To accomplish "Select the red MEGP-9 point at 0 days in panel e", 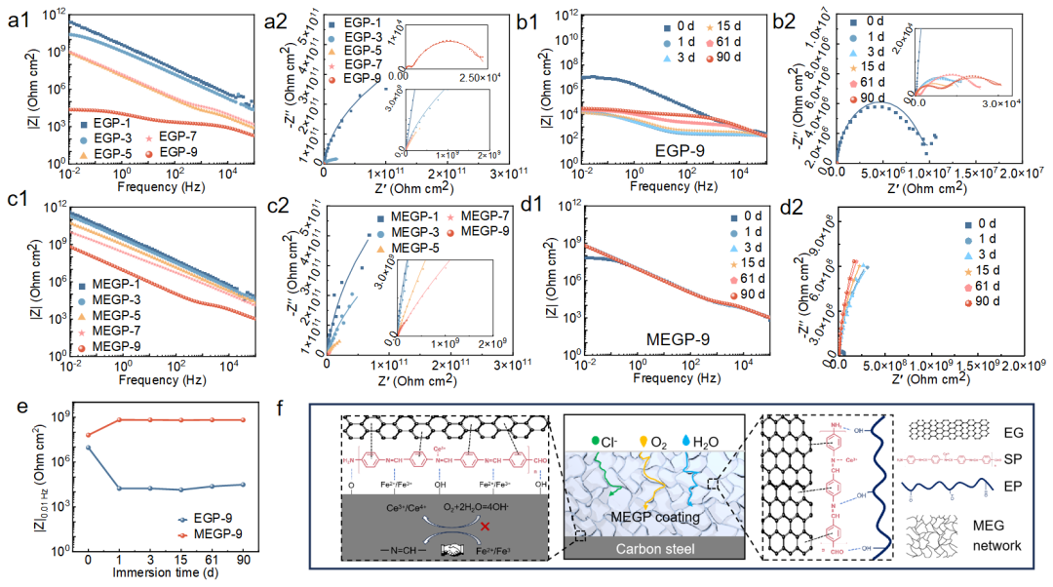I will pos(89,435).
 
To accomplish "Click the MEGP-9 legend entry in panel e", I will pos(210,534).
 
